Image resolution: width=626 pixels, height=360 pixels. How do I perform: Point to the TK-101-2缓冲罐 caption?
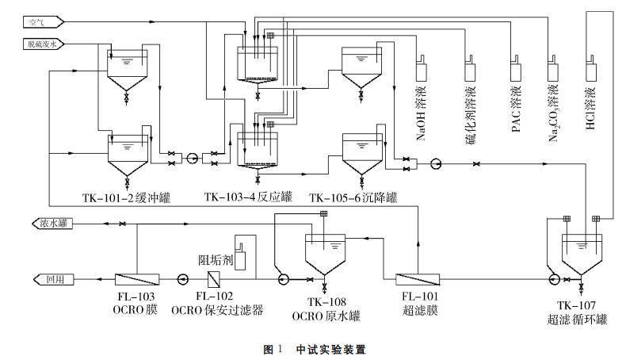point(127,197)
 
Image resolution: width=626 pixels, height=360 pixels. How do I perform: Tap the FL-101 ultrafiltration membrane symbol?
point(416,278)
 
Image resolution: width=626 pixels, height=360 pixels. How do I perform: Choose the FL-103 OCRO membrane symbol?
point(136,278)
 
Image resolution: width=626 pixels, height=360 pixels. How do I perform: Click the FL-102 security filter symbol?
point(214,278)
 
